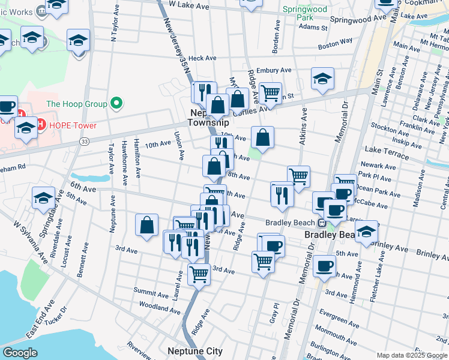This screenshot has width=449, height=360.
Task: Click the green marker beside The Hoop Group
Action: click(x=116, y=104)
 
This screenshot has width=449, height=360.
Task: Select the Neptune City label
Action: click(x=194, y=352)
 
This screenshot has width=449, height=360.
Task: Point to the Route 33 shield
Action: click(x=84, y=141)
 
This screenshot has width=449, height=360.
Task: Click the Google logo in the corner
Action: click(x=20, y=353)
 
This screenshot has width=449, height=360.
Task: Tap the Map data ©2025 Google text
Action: click(x=411, y=355)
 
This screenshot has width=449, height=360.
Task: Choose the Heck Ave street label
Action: click(x=202, y=58)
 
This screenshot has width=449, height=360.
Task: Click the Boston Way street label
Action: click(x=335, y=43)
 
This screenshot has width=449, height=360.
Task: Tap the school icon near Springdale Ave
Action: click(x=44, y=197)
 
